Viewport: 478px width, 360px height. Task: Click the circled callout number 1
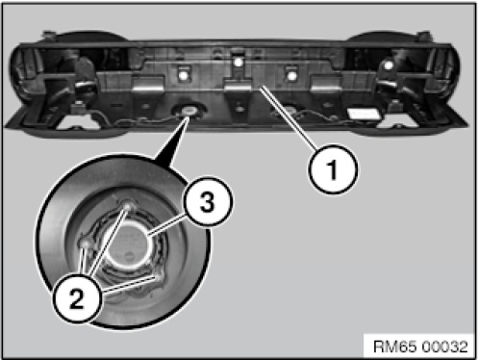pyautogui.click(x=333, y=169)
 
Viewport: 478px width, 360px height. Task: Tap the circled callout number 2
pyautogui.click(x=77, y=297)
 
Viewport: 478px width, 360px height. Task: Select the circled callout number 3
pyautogui.click(x=208, y=201)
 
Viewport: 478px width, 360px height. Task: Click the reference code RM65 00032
pyautogui.click(x=420, y=347)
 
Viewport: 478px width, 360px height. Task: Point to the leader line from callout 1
pyautogui.click(x=289, y=118)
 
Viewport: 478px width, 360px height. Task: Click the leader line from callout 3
pyautogui.click(x=166, y=225)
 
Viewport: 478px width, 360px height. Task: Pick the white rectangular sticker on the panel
pyautogui.click(x=365, y=114)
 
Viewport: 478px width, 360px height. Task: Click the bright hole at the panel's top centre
pyautogui.click(x=238, y=62)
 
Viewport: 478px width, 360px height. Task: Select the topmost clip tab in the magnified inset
pyautogui.click(x=127, y=206)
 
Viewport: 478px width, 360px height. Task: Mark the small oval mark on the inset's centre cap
pyautogui.click(x=130, y=257)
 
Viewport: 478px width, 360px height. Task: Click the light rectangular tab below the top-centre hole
pyautogui.click(x=238, y=86)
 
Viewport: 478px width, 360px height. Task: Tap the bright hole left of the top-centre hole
pyautogui.click(x=184, y=76)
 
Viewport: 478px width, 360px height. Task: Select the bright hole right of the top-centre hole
pyautogui.click(x=291, y=76)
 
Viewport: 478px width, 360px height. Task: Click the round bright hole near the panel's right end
pyautogui.click(x=389, y=65)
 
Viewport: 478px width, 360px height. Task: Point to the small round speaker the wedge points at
pyautogui.click(x=189, y=111)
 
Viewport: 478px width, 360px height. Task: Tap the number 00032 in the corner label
pyautogui.click(x=445, y=347)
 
